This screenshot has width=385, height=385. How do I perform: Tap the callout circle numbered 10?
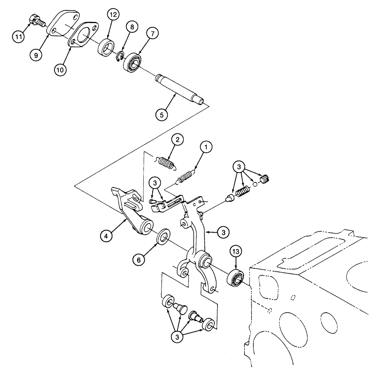(x=62, y=70)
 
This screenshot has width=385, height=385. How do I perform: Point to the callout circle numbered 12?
(x=113, y=15)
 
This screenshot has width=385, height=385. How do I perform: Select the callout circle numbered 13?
(x=236, y=252)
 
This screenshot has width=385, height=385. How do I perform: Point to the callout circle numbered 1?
(x=206, y=147)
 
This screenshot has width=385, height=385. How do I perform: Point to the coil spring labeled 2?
(x=166, y=162)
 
